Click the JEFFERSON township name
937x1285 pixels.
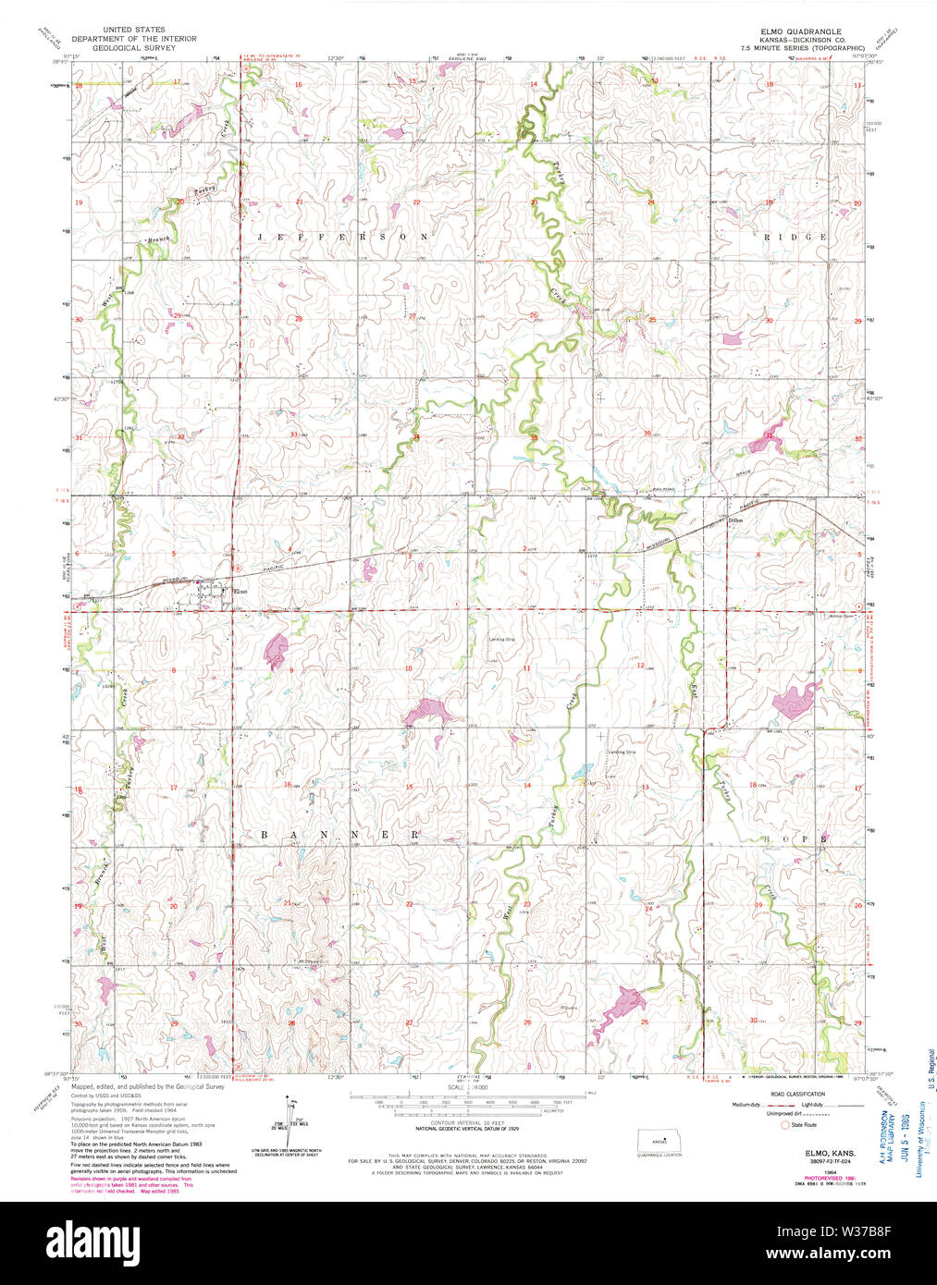(x=342, y=237)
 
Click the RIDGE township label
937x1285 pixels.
(x=795, y=237)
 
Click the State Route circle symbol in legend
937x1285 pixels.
(x=786, y=1125)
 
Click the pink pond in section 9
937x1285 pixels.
(x=276, y=650)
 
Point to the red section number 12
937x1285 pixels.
(x=639, y=666)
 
